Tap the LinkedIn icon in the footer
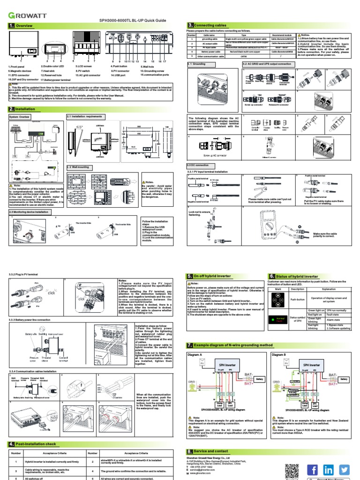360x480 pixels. point(328,469)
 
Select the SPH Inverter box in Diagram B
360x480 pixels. point(311,364)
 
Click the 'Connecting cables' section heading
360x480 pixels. point(205,25)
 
